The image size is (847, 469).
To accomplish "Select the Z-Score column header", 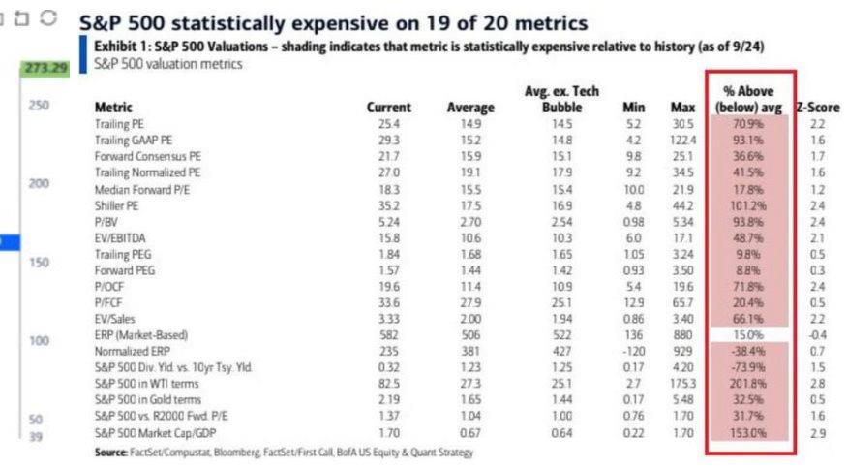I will pyautogui.click(x=817, y=108).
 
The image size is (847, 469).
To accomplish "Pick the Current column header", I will pyautogui.click(x=388, y=108).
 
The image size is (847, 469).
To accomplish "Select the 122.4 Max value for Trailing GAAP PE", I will pyautogui.click(x=680, y=140).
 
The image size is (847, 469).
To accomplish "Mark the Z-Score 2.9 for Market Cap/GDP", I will pyautogui.click(x=818, y=434).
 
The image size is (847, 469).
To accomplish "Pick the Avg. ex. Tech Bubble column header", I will pyautogui.click(x=561, y=99).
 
